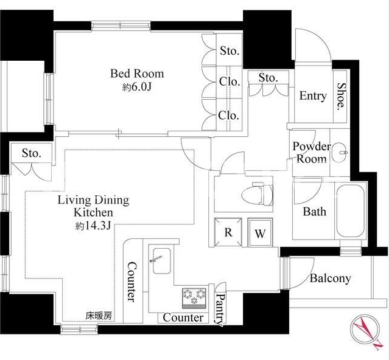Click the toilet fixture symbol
click(x=257, y=194)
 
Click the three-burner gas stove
click(x=194, y=298)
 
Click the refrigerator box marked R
click(x=228, y=232)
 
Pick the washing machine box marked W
click(x=260, y=233)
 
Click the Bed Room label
click(x=137, y=74)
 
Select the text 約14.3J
click(x=93, y=226)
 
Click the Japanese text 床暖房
click(x=99, y=316)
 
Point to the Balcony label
click(x=330, y=279)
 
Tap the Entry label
click(x=313, y=96)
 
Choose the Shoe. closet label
click(x=341, y=96)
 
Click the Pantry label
click(x=220, y=310)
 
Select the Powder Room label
click(x=312, y=153)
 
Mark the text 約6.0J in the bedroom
click(x=137, y=87)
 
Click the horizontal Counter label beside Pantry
click(x=183, y=317)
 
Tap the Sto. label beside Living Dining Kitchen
click(x=31, y=153)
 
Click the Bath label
click(x=315, y=212)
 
